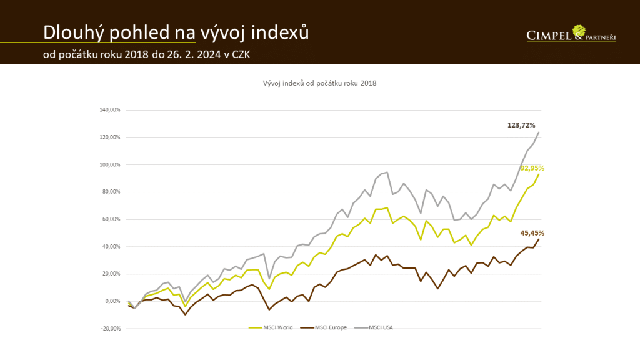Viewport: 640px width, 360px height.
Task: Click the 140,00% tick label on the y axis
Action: click(x=109, y=110)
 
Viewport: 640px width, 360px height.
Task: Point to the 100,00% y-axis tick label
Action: click(x=109, y=164)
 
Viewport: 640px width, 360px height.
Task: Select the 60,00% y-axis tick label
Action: click(x=111, y=219)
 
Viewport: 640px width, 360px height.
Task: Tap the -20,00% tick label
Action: click(x=110, y=329)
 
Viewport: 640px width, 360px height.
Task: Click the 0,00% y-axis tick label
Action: click(x=112, y=301)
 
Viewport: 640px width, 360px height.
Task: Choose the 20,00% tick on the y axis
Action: click(x=111, y=274)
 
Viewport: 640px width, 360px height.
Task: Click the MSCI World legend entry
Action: click(x=269, y=327)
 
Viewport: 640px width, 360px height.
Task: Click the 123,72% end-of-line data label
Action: click(x=522, y=125)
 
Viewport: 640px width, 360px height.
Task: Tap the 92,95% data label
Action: click(x=532, y=168)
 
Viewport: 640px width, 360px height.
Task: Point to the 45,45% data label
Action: click(x=532, y=233)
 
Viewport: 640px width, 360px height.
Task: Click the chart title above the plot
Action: click(x=319, y=82)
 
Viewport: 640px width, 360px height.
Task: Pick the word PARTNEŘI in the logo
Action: click(x=601, y=37)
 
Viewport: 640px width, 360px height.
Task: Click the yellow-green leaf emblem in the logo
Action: click(x=579, y=30)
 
